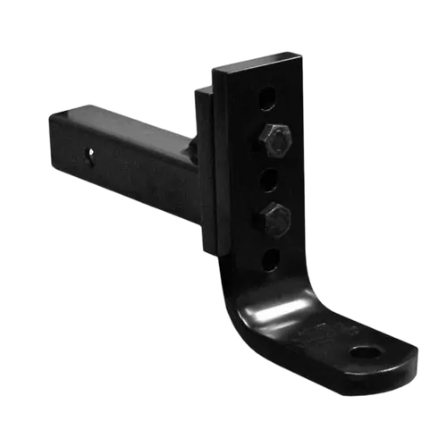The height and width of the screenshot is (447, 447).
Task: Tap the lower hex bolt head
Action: point(275,215)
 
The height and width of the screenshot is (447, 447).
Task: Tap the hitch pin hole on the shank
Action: point(91,155)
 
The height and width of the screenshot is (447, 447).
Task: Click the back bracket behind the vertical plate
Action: point(204,161)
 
